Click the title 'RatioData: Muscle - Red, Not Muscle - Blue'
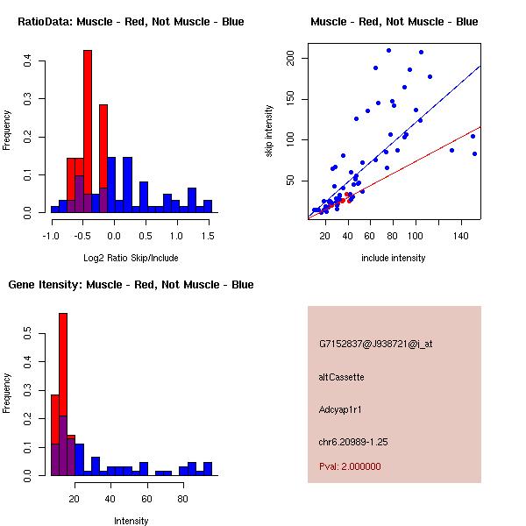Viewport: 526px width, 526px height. [131, 21]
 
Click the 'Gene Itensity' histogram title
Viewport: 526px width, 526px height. [131, 285]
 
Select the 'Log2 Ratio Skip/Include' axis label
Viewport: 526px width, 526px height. [131, 258]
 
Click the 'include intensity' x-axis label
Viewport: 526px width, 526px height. [394, 258]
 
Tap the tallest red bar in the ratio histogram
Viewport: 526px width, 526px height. [88, 131]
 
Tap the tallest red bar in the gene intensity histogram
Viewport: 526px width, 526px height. [63, 394]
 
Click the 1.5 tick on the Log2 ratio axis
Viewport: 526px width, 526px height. [208, 236]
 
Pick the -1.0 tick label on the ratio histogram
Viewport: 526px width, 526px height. [50, 236]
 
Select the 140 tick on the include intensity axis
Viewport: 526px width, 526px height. [461, 236]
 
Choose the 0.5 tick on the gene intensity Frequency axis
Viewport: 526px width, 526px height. [28, 334]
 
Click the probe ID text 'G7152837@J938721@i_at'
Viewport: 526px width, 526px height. [376, 344]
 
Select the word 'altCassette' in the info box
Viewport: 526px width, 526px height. [342, 377]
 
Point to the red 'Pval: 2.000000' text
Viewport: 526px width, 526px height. [350, 466]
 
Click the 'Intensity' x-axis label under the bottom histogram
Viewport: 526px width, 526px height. [131, 521]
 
